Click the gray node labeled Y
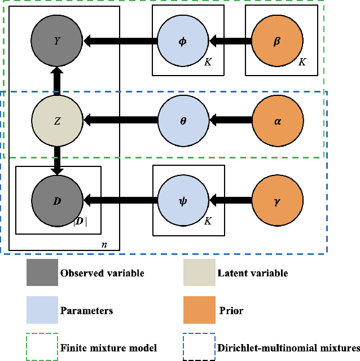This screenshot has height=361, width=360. click(57, 41)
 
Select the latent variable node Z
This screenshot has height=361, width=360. click(57, 120)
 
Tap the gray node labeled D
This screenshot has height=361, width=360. click(57, 200)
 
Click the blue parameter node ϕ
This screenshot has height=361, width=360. click(183, 41)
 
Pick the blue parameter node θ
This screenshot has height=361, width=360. click(183, 120)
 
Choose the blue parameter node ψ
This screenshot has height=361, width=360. click(183, 200)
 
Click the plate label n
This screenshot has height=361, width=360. click(104, 245)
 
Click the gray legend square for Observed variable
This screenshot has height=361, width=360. click(42, 274)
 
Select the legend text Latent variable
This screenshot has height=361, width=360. click(252, 274)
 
